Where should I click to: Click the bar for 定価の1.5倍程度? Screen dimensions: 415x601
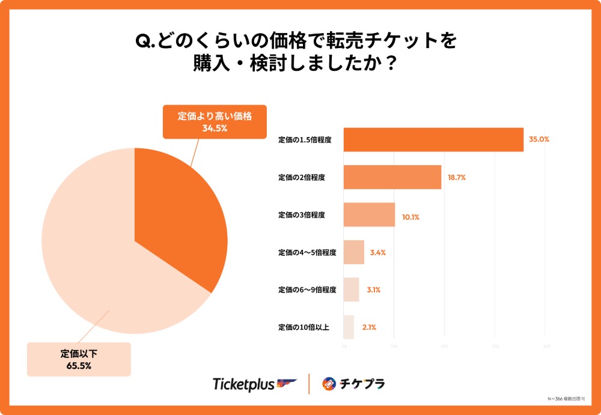pos(433,140)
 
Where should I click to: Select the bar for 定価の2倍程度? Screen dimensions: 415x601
pos(392,178)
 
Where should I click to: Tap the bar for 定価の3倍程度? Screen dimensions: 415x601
pos(369,215)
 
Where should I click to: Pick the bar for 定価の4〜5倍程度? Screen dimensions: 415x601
pos(353,252)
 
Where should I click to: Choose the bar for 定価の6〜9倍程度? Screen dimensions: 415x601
pos(351,289)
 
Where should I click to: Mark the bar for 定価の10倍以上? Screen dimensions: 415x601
pos(349,327)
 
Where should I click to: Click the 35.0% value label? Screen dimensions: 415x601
pos(539,139)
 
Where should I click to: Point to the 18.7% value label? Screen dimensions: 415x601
pos(457,178)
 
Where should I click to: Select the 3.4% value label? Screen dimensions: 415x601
pos(377,253)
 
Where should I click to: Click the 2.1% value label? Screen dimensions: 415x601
pos(369,327)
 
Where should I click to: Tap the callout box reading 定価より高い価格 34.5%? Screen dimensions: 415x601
pos(215,122)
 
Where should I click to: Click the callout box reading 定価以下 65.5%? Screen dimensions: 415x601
pos(79,359)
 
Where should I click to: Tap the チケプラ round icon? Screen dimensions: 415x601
pos(329,384)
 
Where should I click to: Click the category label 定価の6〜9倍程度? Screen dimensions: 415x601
pos(307,290)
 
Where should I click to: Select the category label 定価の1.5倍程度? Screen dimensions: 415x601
pos(305,140)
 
